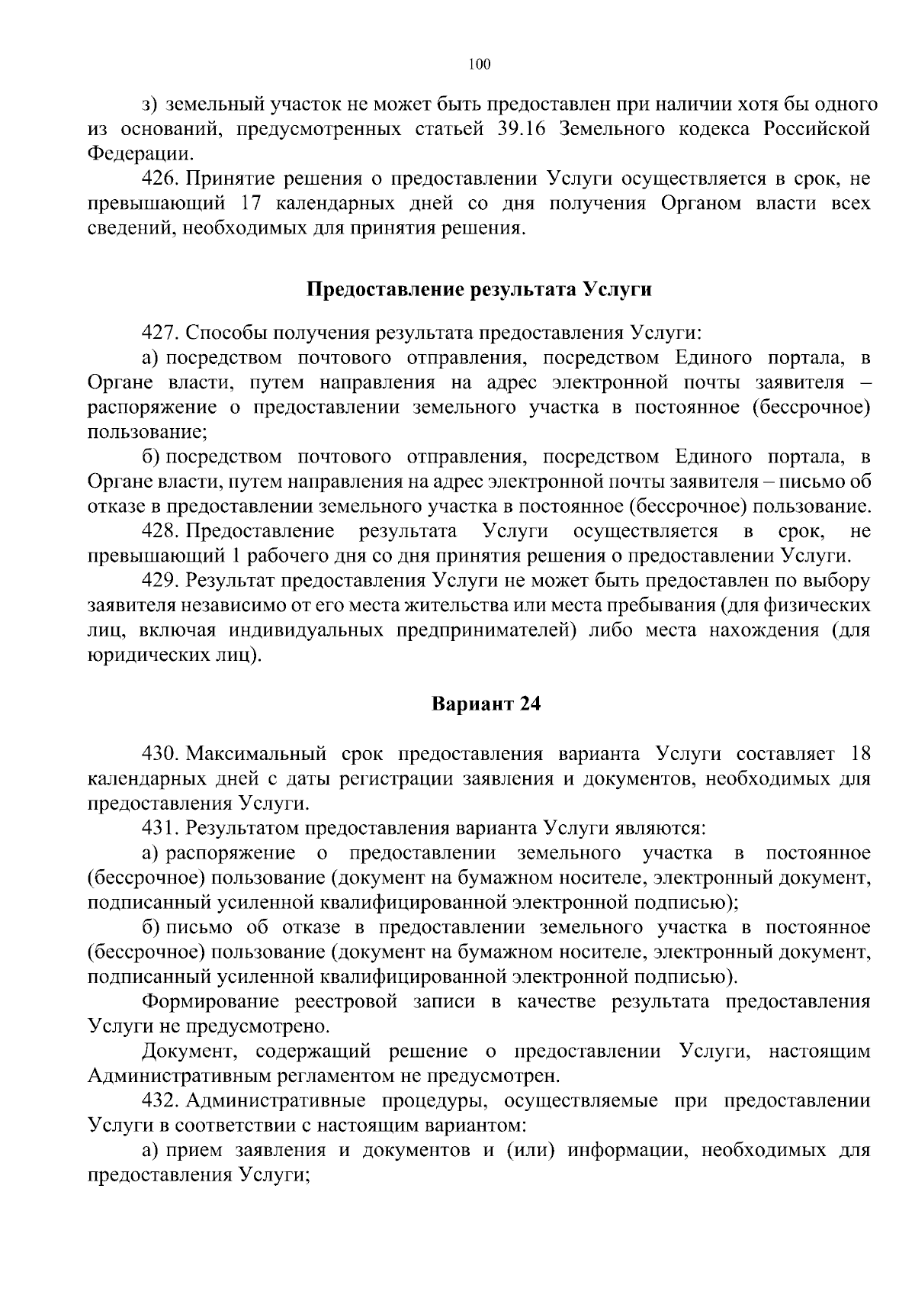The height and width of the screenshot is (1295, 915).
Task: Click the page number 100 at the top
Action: click(480, 64)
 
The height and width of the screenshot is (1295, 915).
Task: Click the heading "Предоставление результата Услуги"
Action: click(480, 289)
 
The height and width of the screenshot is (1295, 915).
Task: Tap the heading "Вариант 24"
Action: click(486, 704)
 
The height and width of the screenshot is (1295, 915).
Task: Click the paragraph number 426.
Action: click(160, 179)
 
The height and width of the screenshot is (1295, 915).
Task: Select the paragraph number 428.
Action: click(160, 530)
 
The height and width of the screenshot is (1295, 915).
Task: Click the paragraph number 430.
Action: click(160, 754)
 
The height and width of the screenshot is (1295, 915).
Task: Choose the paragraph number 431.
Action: click(160, 828)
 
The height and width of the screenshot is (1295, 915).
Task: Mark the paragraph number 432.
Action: click(160, 1100)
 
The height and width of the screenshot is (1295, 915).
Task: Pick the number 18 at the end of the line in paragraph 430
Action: click(859, 754)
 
